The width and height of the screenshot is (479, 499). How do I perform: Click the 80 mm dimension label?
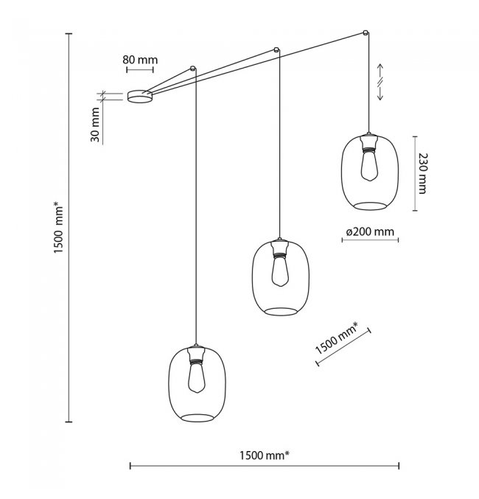pos(139,59)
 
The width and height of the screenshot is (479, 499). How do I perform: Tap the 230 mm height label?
pos(422,172)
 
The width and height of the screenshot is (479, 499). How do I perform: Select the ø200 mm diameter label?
pos(370,231)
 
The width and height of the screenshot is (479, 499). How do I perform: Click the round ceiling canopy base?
pos(139,97)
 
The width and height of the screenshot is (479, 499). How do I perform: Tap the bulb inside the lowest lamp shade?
pos(197,379)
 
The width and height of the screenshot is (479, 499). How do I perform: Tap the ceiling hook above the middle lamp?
pos(276,50)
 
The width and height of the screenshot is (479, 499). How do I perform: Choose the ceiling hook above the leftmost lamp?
pos(194,69)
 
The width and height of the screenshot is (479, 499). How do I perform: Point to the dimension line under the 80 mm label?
pos(139,70)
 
